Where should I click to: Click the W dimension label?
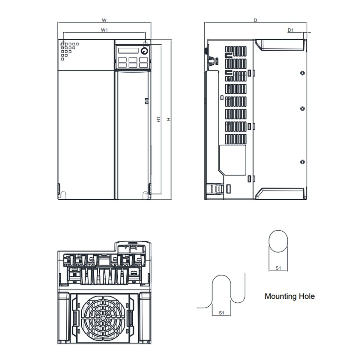104,20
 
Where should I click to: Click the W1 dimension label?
104,30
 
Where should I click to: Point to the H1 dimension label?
158,119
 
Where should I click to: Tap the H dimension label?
169,119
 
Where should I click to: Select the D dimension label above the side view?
255,20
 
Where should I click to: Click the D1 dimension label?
290,30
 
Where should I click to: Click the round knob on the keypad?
144,51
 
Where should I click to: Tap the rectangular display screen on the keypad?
128,50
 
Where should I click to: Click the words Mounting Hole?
289,296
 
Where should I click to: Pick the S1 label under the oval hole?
278,268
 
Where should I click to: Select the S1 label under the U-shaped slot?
221,313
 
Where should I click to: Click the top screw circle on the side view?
302,73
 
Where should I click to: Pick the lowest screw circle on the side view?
302,162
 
